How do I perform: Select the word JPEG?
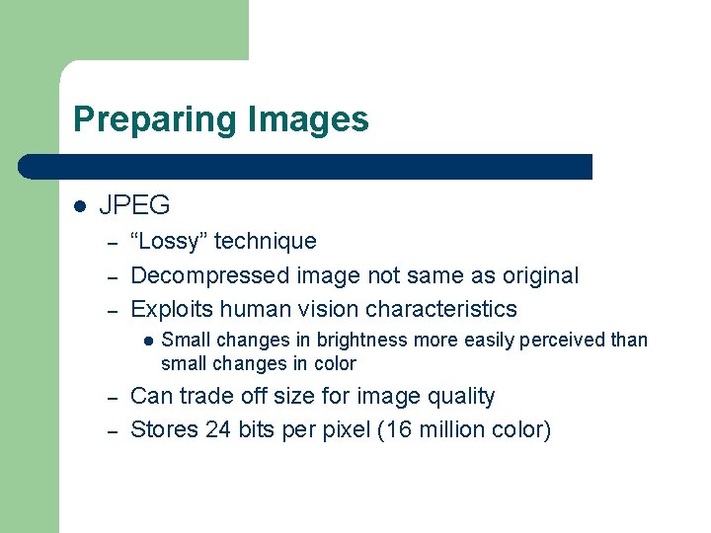pyautogui.click(x=134, y=205)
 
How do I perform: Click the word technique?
pyautogui.click(x=266, y=241)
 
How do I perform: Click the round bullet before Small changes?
pyautogui.click(x=146, y=341)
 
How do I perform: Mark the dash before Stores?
pyautogui.click(x=113, y=430)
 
